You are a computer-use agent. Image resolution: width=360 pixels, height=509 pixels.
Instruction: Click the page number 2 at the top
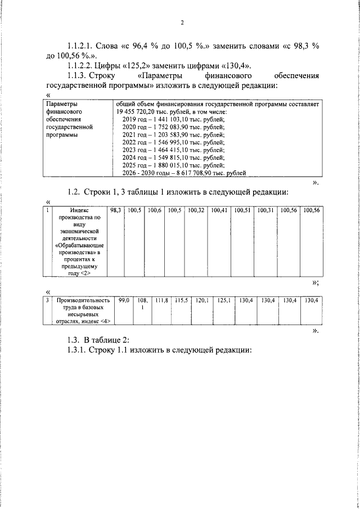[x=182, y=23]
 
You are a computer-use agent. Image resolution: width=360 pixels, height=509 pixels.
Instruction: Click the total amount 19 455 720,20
[x=139, y=112]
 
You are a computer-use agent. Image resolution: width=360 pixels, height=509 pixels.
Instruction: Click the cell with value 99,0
[x=124, y=301]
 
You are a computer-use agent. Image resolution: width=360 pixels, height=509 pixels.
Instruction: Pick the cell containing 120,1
[x=202, y=301]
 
